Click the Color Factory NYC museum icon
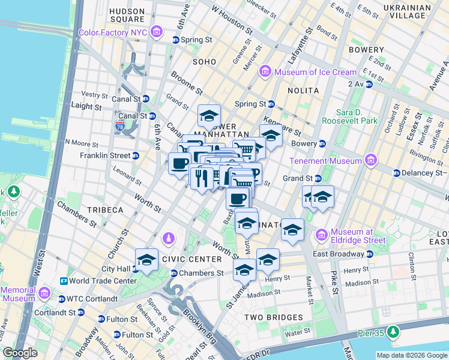pos(157,32)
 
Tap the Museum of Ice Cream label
pos(315,72)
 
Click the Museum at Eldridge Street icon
pos(322,232)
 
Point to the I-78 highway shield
pos(120,126)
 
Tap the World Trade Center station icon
pos(62,281)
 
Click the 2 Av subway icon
pos(369,84)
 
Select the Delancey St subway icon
pos(397,173)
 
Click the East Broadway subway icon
pos(369,254)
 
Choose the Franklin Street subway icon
pos(135,155)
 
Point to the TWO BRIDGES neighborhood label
pos(273,317)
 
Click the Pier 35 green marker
pos(393,331)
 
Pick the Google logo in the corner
pos(20,353)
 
